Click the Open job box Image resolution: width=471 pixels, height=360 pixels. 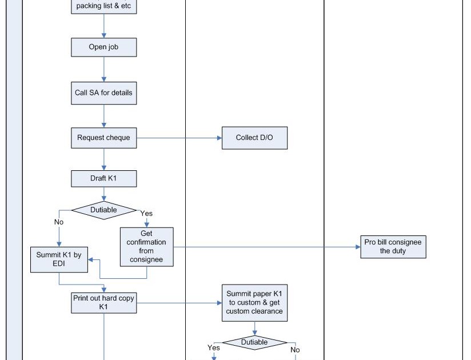104,47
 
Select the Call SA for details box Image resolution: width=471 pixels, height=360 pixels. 104,93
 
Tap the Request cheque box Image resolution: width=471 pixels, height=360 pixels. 104,138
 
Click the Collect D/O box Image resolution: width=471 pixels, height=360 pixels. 254,138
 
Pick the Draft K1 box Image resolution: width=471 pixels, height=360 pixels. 104,178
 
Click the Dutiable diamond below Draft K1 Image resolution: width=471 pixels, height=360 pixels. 104,210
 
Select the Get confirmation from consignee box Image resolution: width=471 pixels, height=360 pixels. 146,246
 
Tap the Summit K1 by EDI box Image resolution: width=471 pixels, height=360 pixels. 59,259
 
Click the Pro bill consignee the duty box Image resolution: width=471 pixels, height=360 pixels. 393,246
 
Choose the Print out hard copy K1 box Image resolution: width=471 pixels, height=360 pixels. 104,302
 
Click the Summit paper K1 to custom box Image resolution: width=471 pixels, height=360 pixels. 254,302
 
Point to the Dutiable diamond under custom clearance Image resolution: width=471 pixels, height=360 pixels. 254,342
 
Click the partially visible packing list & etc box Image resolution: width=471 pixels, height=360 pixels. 104,7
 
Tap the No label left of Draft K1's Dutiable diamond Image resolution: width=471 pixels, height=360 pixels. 59,222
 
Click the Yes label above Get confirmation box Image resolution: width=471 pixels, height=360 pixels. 146,213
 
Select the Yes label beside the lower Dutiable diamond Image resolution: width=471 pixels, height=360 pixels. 214,347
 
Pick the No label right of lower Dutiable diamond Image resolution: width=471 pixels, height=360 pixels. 295,350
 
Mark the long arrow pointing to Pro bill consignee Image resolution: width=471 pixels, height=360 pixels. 269,247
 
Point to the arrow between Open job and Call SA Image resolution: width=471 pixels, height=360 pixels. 104,69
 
